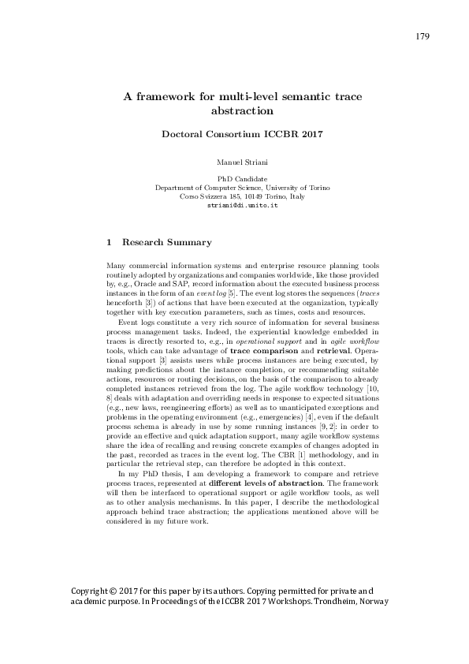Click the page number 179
[421, 36]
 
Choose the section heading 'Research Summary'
[166, 242]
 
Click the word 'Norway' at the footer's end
[370, 601]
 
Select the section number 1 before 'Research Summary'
[109, 242]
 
